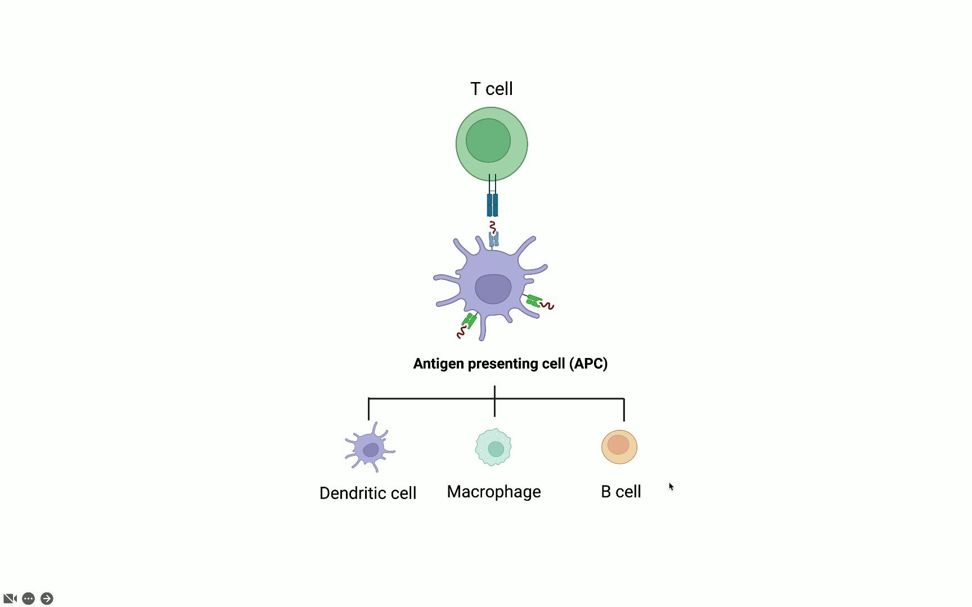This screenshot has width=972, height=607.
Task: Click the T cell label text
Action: click(x=491, y=89)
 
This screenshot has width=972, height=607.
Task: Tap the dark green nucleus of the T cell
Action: click(x=488, y=141)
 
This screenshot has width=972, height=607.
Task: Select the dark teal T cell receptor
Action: click(x=492, y=205)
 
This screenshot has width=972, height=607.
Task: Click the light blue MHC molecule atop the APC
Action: click(x=494, y=240)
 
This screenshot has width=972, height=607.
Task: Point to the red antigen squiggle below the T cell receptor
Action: click(x=493, y=227)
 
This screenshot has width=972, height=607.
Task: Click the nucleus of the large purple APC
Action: click(x=493, y=289)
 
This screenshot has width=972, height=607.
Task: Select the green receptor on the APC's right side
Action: click(x=533, y=301)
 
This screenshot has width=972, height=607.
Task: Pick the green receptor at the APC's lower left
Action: click(x=469, y=321)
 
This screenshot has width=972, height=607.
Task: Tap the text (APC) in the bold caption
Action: click(x=588, y=364)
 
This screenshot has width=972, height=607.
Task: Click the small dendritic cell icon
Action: click(x=370, y=448)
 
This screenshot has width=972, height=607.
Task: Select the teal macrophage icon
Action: click(x=494, y=447)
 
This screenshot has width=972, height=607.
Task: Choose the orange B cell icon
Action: click(x=619, y=447)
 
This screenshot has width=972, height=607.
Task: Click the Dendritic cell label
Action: click(x=368, y=493)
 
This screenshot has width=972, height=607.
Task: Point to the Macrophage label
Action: click(x=494, y=492)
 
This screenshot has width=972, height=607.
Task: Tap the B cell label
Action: click(x=621, y=492)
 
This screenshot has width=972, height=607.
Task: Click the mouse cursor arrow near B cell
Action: click(x=671, y=487)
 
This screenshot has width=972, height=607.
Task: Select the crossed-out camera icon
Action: click(x=10, y=599)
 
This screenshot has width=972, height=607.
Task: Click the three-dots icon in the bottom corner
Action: click(x=29, y=599)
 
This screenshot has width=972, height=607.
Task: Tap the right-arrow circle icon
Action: click(x=47, y=599)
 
